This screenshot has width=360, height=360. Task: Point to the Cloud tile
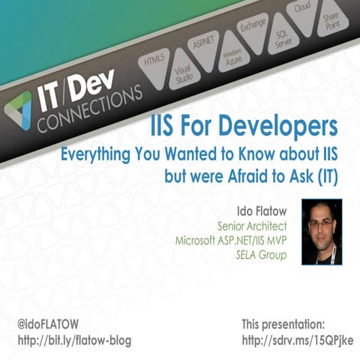[302, 12]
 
